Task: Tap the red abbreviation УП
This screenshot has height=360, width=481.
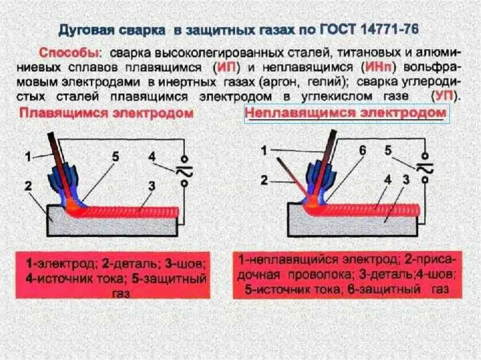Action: tap(444, 97)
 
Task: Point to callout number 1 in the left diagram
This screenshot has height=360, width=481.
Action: tap(28, 157)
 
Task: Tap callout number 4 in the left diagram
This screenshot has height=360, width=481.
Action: tap(152, 156)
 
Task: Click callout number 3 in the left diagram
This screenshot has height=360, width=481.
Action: tap(151, 186)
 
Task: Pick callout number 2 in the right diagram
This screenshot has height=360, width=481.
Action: tap(264, 180)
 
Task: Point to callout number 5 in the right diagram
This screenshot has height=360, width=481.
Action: tap(388, 151)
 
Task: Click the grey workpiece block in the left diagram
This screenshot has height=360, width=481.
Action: tap(113, 225)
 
